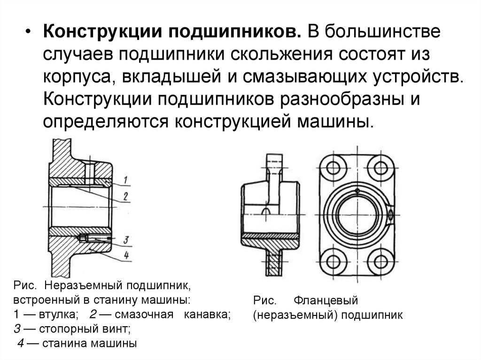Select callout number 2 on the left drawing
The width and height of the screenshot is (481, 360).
[x=126, y=196]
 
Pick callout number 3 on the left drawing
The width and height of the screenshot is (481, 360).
[x=126, y=240]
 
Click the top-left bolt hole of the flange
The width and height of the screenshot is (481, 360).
[x=335, y=167]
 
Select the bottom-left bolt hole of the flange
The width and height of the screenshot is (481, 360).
[x=335, y=262]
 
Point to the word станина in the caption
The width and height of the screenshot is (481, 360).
[x=63, y=343]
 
